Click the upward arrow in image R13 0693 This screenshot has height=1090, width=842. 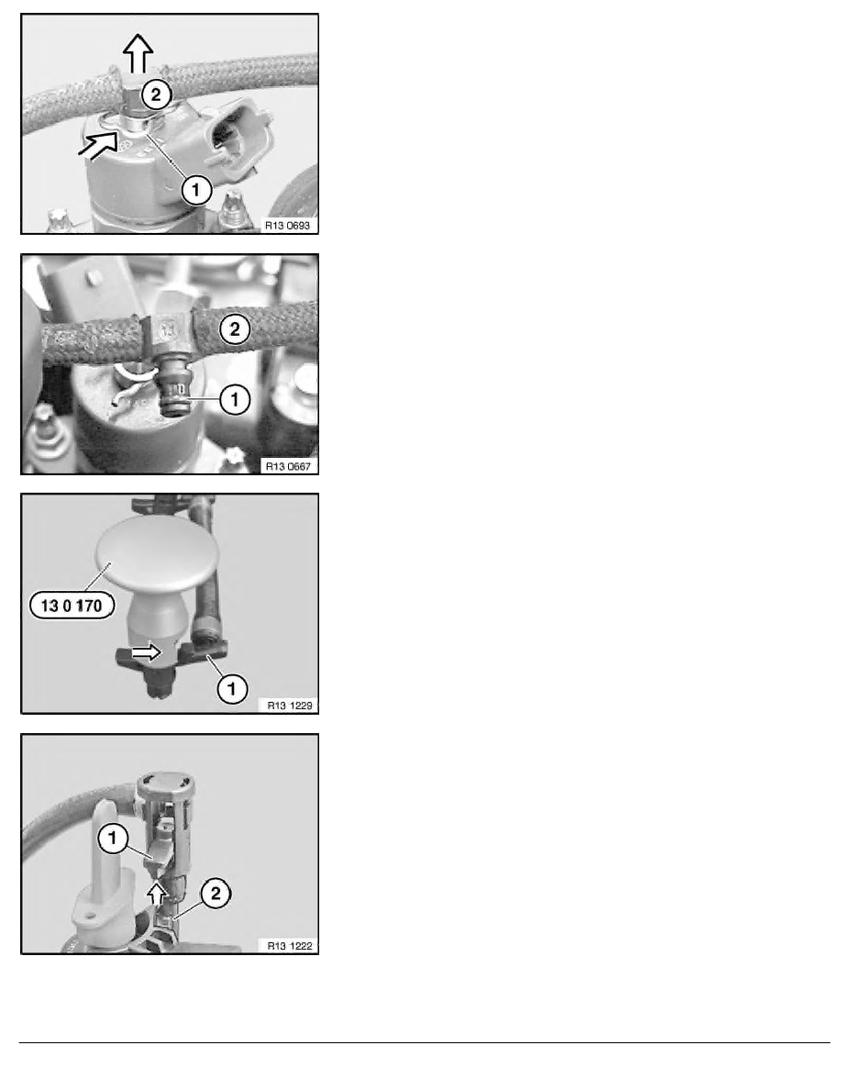click(x=138, y=53)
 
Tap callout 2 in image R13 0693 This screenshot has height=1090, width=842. click(x=156, y=95)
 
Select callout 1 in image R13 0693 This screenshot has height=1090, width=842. click(x=196, y=189)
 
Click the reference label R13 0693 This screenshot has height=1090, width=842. click(x=288, y=225)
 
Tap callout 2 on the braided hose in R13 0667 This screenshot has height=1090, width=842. click(x=235, y=329)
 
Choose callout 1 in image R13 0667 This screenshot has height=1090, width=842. click(x=234, y=400)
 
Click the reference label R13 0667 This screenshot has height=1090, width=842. click(x=288, y=466)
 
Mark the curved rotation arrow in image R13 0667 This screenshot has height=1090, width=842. click(x=133, y=372)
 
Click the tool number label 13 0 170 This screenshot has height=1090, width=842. click(x=72, y=606)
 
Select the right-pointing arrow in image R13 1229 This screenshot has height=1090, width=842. click(x=147, y=651)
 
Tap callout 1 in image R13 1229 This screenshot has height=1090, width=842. click(x=232, y=688)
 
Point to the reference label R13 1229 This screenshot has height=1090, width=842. click(x=290, y=706)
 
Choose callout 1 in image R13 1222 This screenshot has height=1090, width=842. click(x=113, y=839)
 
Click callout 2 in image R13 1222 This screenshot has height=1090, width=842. click(x=215, y=894)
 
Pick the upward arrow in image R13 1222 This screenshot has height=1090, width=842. click(x=158, y=894)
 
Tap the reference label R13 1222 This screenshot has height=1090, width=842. click(x=290, y=945)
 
